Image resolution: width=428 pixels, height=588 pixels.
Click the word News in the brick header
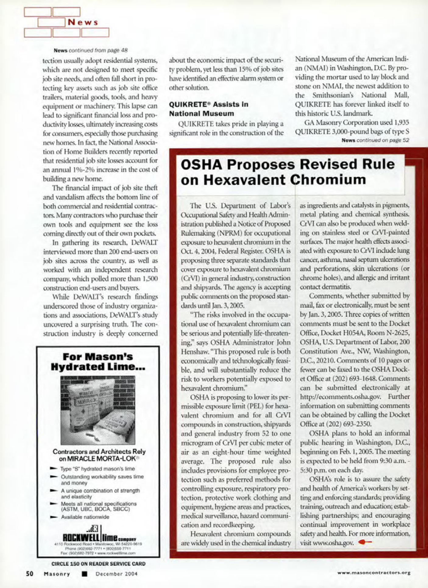(x=83, y=23)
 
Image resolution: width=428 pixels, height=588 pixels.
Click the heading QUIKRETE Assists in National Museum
(x=208, y=109)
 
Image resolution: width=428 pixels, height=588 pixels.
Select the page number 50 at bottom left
(x=30, y=574)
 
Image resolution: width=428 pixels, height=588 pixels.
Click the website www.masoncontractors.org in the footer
(x=374, y=572)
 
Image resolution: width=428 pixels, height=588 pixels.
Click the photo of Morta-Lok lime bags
(x=98, y=410)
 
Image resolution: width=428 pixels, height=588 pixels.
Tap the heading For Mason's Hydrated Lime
(x=98, y=361)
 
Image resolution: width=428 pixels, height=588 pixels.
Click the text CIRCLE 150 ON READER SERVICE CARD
(x=98, y=564)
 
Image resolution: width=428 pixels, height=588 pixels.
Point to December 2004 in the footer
(x=116, y=574)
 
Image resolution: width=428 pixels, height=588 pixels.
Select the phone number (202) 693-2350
(x=345, y=424)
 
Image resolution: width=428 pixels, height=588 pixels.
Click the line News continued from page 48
(x=90, y=50)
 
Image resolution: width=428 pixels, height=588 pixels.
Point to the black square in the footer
(x=84, y=574)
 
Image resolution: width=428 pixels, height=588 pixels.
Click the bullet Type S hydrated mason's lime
(x=97, y=469)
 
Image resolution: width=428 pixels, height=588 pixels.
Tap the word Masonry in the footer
(x=57, y=574)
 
